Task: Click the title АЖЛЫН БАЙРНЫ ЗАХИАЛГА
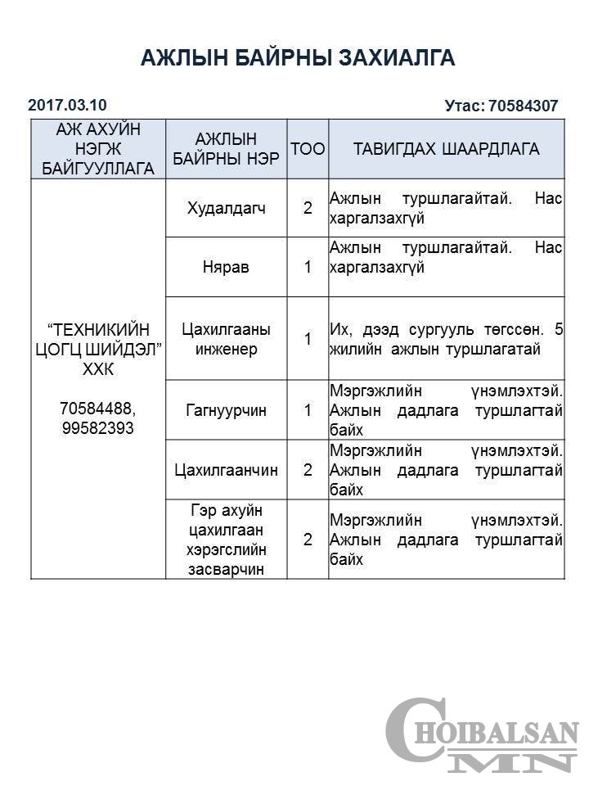tap(298, 57)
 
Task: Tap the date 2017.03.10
tap(67, 105)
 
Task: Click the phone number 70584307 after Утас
tap(523, 106)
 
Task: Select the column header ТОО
tap(308, 149)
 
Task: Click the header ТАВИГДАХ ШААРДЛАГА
tap(446, 149)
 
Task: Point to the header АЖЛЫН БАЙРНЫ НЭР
tap(227, 149)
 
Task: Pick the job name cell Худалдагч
tap(227, 208)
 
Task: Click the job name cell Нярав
tap(227, 267)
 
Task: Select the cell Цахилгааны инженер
tap(227, 339)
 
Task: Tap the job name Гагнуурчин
tap(227, 410)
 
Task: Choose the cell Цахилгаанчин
tap(227, 470)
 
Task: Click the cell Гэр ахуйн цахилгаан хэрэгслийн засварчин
tap(227, 540)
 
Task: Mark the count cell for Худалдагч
tap(308, 208)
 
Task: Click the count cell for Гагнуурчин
tap(308, 410)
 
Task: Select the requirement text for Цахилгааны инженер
tap(446, 339)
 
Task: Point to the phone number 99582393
tap(97, 428)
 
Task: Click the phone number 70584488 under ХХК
tap(97, 409)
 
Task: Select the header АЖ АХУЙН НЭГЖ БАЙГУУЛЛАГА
tap(97, 149)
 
